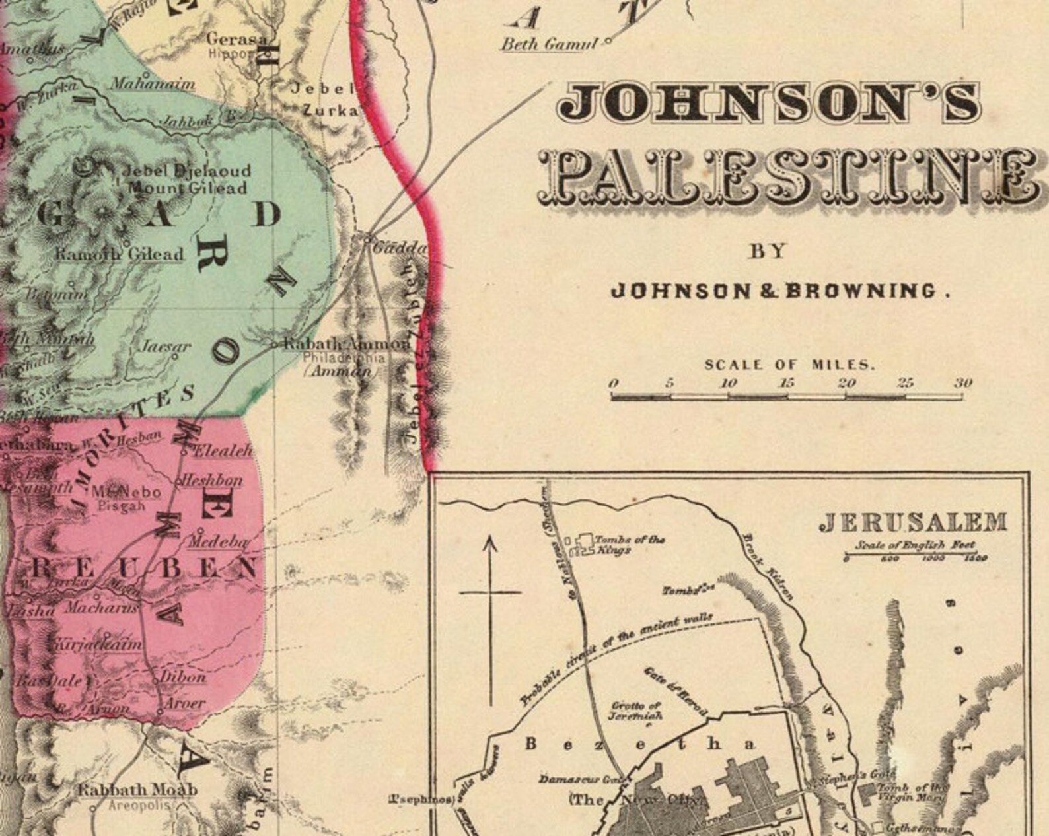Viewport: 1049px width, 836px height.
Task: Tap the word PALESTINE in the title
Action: point(789,178)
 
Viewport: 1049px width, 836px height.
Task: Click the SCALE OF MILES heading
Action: point(789,365)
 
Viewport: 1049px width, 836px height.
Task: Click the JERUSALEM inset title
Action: point(913,523)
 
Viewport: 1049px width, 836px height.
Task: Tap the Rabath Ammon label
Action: point(347,344)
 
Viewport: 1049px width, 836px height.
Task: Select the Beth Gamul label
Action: point(548,44)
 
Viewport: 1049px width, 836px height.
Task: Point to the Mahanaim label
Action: point(152,84)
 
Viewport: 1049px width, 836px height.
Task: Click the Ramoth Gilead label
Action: point(119,254)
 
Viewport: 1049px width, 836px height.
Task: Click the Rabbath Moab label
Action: point(137,790)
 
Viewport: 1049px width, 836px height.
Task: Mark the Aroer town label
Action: point(184,703)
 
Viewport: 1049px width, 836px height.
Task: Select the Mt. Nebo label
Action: point(126,492)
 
